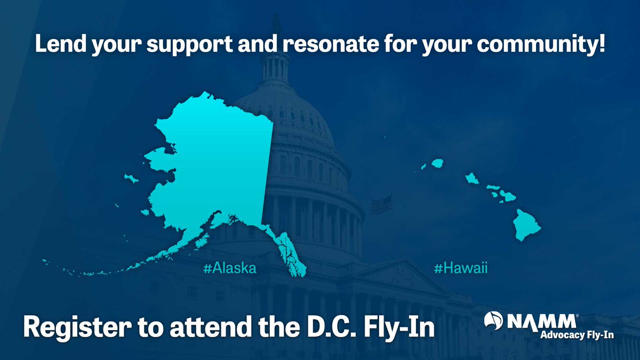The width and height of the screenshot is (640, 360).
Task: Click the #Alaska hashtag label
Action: click(x=229, y=269)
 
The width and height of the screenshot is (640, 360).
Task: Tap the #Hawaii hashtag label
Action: click(x=461, y=269)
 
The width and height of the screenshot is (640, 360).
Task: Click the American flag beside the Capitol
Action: click(x=381, y=204)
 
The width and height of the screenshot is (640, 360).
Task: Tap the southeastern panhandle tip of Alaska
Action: click(x=300, y=272)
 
